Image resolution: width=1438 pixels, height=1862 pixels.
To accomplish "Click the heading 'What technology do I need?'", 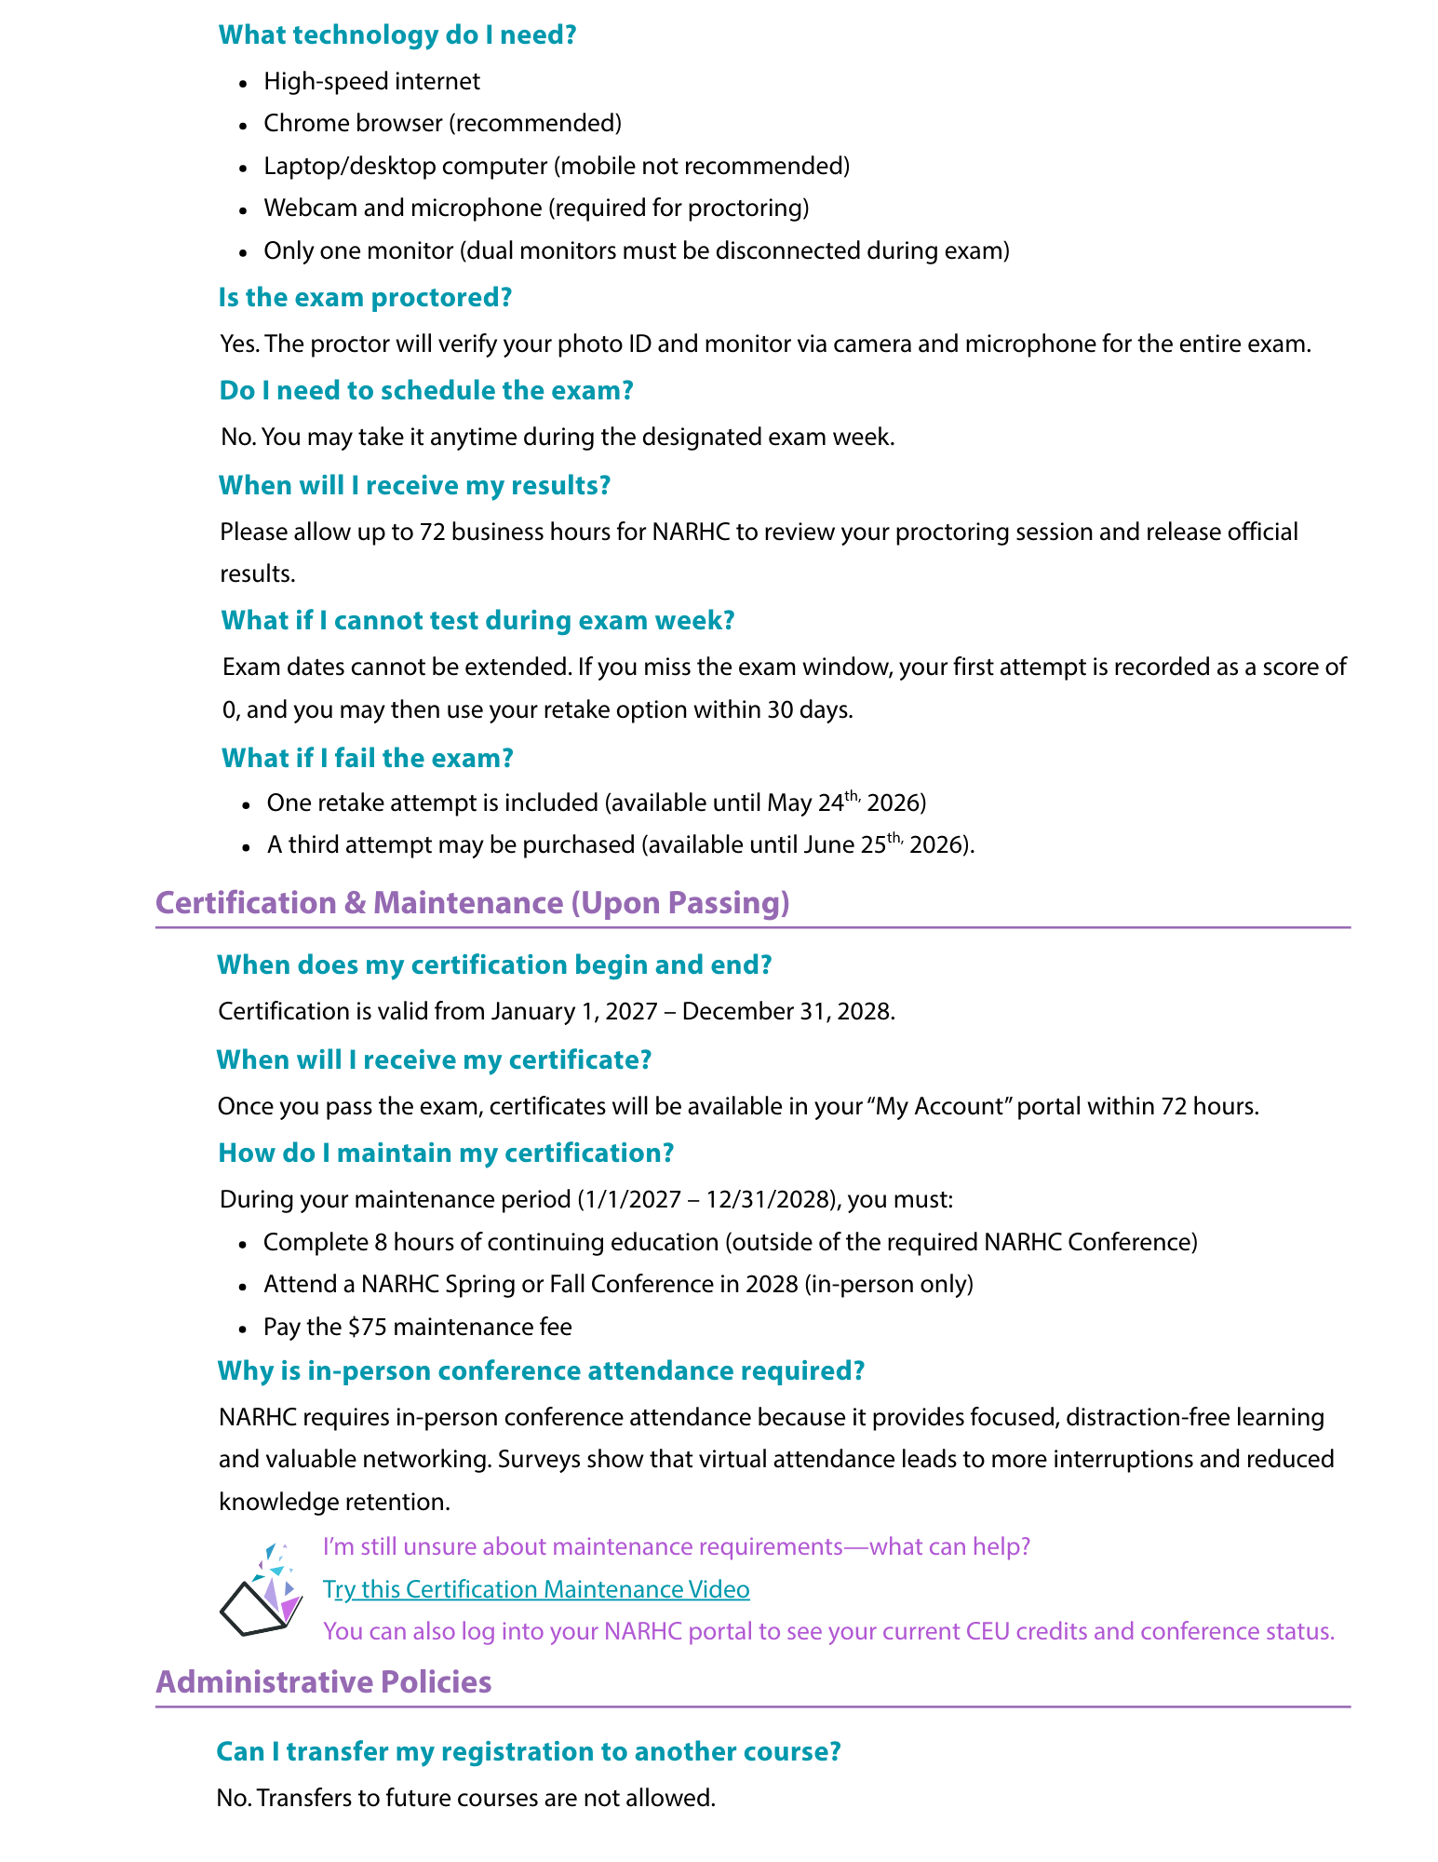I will click(x=397, y=35).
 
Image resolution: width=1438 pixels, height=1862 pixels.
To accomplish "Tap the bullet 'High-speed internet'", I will click(x=371, y=81).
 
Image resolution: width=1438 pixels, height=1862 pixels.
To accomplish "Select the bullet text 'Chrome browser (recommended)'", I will click(x=442, y=123).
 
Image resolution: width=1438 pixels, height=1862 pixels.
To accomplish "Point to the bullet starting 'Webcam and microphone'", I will click(x=536, y=208).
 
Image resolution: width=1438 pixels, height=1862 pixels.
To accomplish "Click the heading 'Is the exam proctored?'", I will click(x=365, y=298).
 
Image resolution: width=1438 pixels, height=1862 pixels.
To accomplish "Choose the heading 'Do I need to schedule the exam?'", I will click(x=426, y=390).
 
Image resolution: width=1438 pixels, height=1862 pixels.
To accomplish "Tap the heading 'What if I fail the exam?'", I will click(x=367, y=758).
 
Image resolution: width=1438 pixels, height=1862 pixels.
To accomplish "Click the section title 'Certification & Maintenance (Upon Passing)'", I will click(x=473, y=903).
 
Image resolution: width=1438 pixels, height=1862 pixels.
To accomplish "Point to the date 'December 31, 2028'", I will click(x=787, y=1011).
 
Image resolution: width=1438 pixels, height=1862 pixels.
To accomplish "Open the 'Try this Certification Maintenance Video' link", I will click(x=536, y=1589).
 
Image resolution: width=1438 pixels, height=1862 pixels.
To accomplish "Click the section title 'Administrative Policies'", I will click(x=324, y=1682).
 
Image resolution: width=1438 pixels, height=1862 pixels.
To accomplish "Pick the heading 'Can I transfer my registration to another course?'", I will click(x=529, y=1751).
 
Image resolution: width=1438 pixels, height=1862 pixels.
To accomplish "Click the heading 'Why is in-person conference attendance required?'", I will click(x=541, y=1370).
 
